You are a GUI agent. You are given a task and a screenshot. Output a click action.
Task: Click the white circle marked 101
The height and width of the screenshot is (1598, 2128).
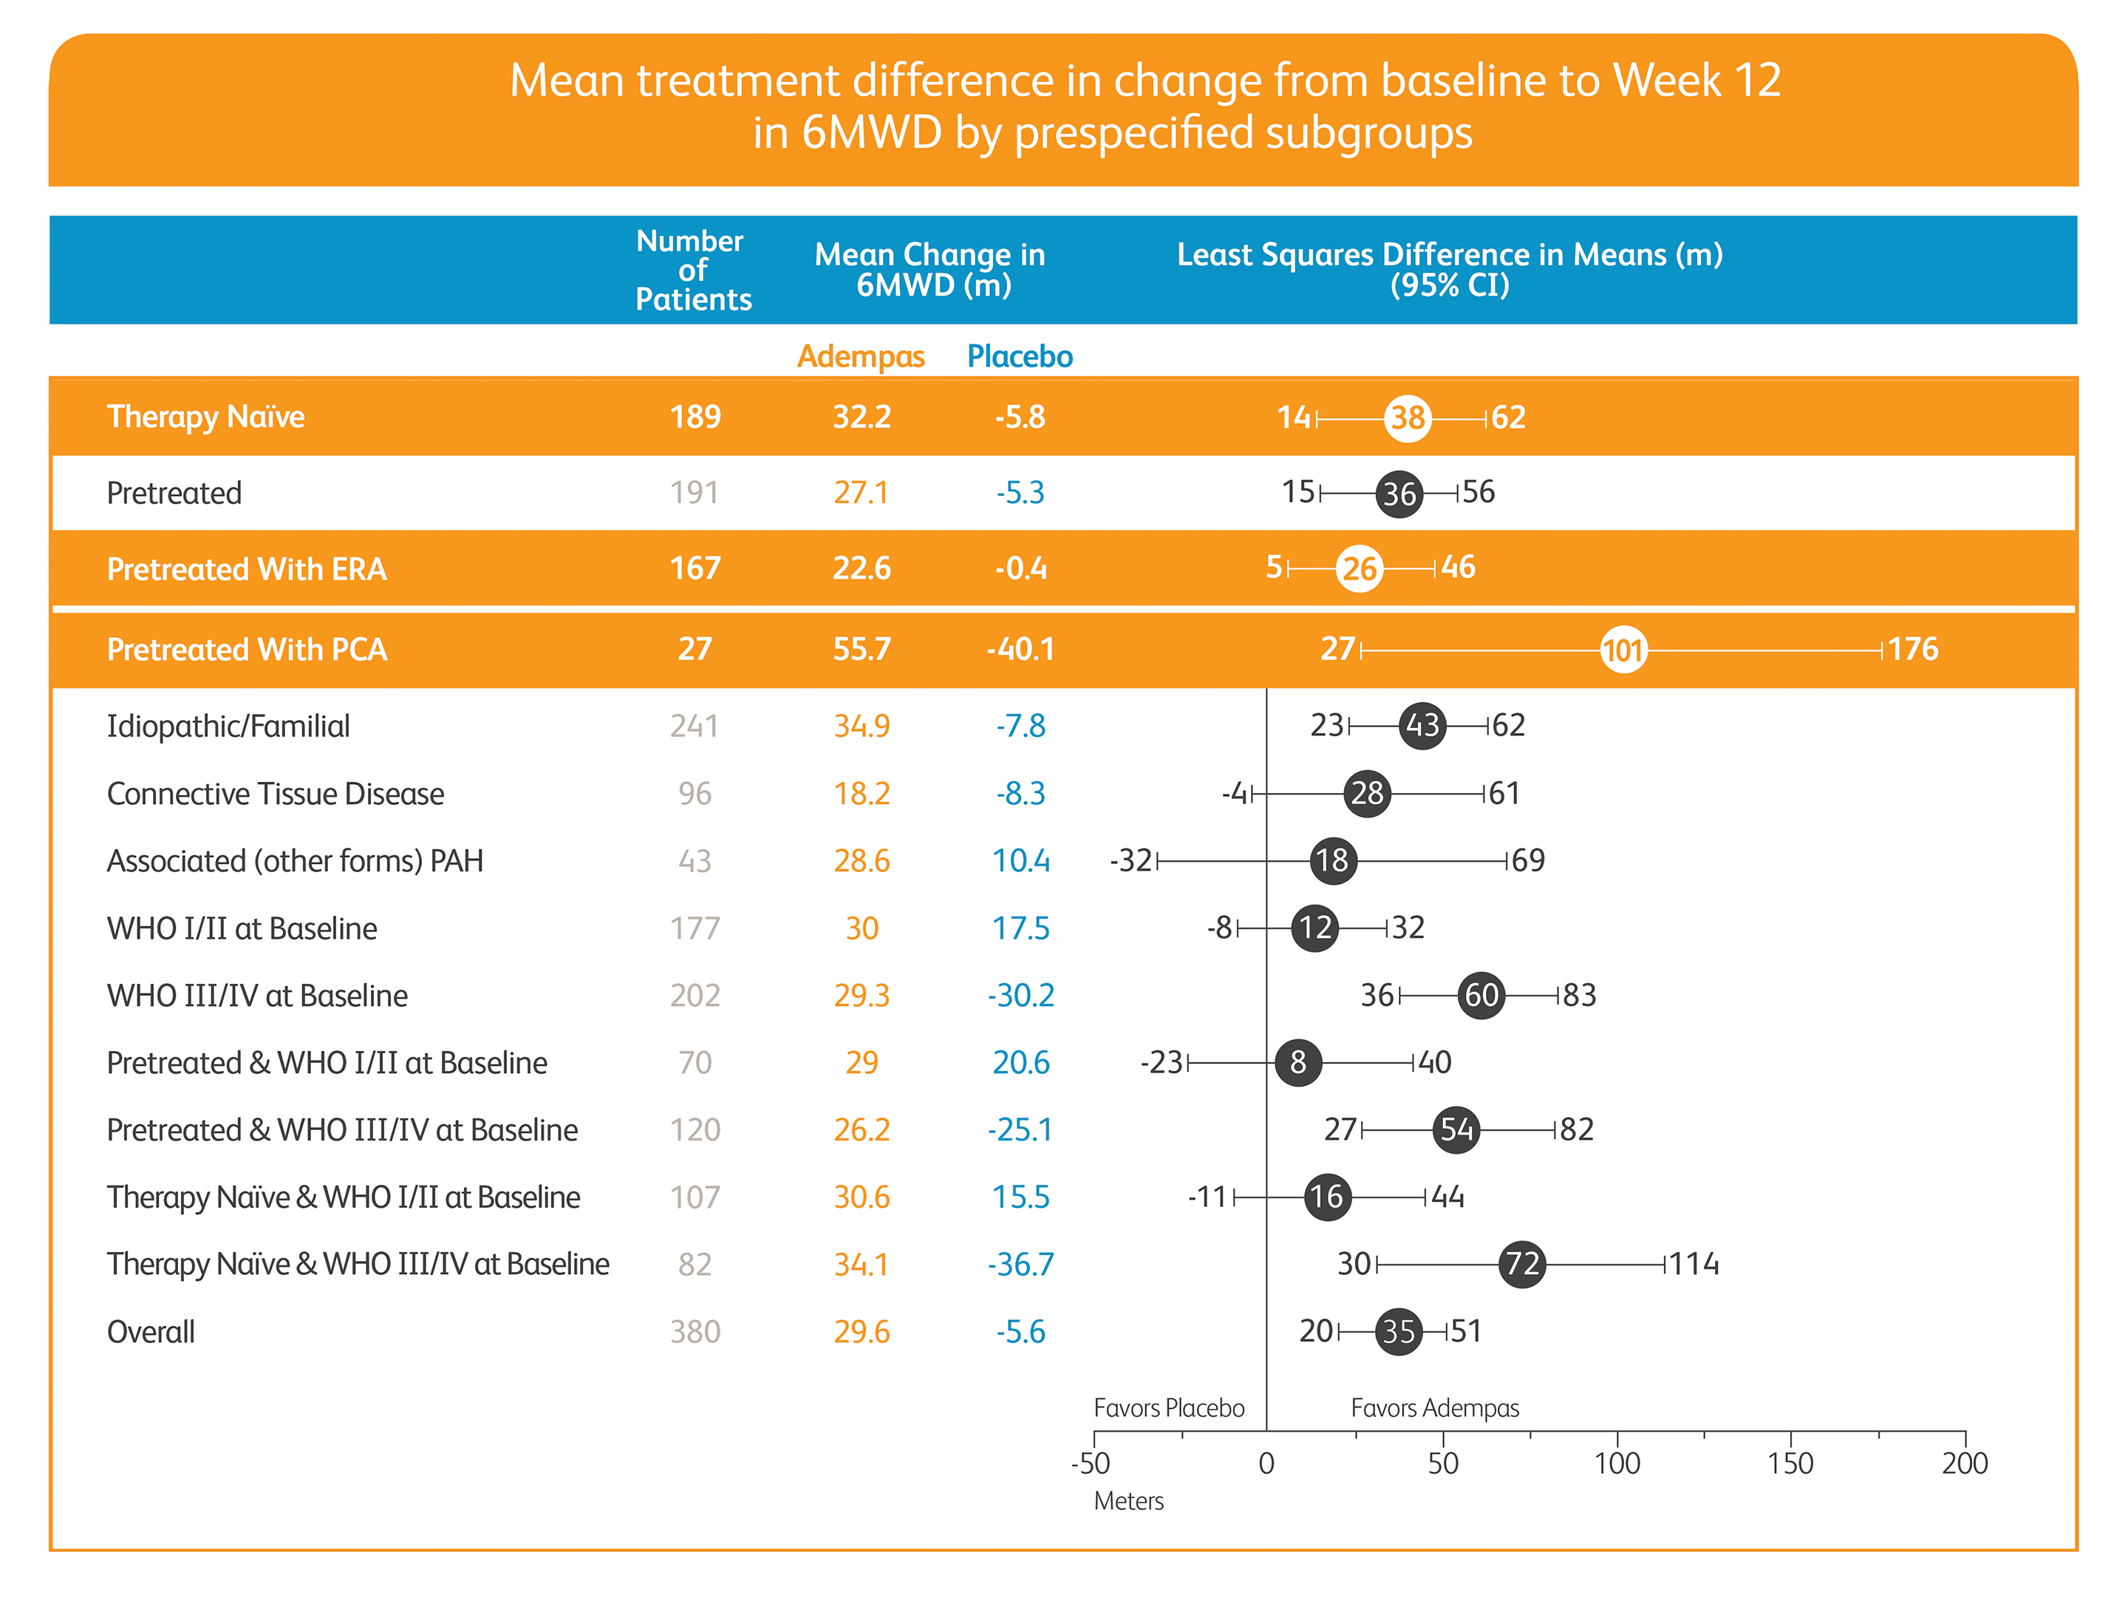click(1623, 650)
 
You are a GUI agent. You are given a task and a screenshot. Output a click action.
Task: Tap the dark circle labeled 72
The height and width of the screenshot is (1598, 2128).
click(1522, 1263)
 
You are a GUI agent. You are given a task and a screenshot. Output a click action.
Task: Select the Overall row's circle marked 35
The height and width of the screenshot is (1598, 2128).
click(1399, 1331)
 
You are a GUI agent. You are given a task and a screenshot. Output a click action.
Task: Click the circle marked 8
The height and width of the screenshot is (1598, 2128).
click(1297, 1062)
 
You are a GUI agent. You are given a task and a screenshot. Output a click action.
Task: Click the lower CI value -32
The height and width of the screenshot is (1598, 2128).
click(1131, 860)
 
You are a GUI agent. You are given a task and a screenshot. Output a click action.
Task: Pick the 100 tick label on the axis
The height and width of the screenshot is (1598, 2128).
click(1617, 1463)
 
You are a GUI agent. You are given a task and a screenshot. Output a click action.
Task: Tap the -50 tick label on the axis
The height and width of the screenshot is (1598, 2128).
click(1091, 1463)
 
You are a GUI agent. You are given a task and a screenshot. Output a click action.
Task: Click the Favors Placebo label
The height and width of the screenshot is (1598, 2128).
click(1169, 1409)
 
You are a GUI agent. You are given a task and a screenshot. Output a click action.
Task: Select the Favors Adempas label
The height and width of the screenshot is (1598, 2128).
click(1434, 1409)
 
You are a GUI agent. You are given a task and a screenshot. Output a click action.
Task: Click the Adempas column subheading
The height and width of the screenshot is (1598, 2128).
click(860, 356)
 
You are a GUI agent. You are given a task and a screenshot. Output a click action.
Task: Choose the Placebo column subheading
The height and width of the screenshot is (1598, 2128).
click(1020, 356)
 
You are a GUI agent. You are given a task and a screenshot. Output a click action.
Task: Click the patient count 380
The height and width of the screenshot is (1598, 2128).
click(695, 1331)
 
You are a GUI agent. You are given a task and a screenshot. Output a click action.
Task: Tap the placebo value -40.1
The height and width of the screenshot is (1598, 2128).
click(1020, 650)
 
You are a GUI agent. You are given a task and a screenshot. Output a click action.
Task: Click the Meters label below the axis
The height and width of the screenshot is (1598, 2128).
click(1128, 1501)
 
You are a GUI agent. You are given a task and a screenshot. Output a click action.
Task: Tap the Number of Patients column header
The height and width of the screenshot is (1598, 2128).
click(692, 271)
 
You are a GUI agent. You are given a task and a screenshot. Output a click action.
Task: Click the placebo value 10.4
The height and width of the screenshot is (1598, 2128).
click(1020, 860)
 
